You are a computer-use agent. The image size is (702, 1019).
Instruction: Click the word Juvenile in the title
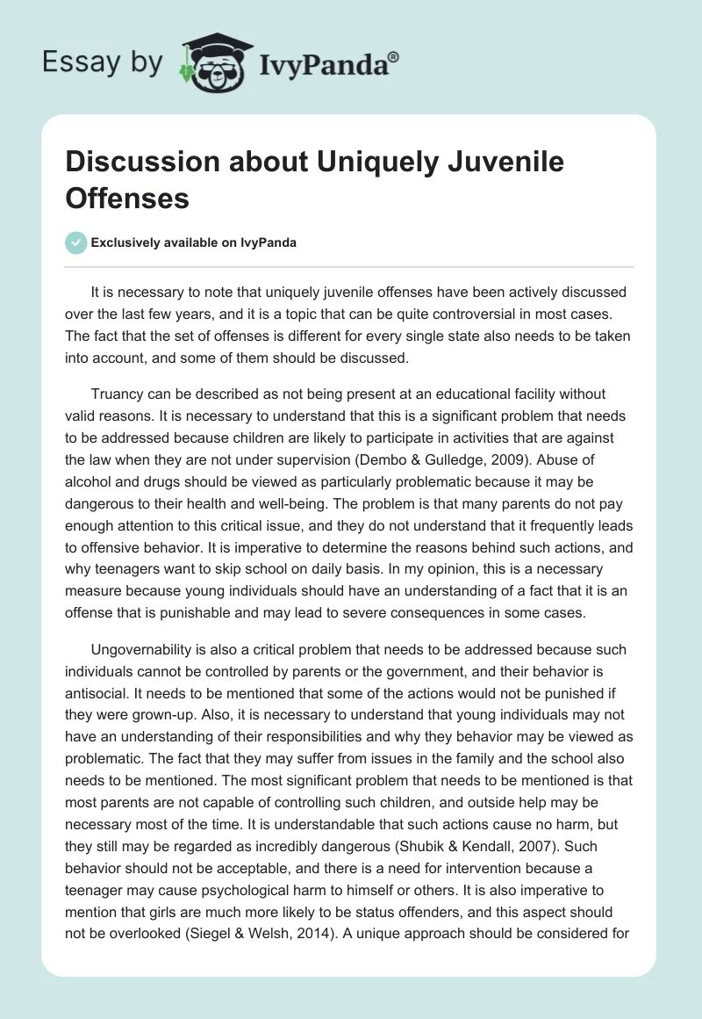(x=493, y=163)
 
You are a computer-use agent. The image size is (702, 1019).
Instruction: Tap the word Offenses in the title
(x=127, y=198)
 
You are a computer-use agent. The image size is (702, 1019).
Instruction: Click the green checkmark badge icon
(x=75, y=242)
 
